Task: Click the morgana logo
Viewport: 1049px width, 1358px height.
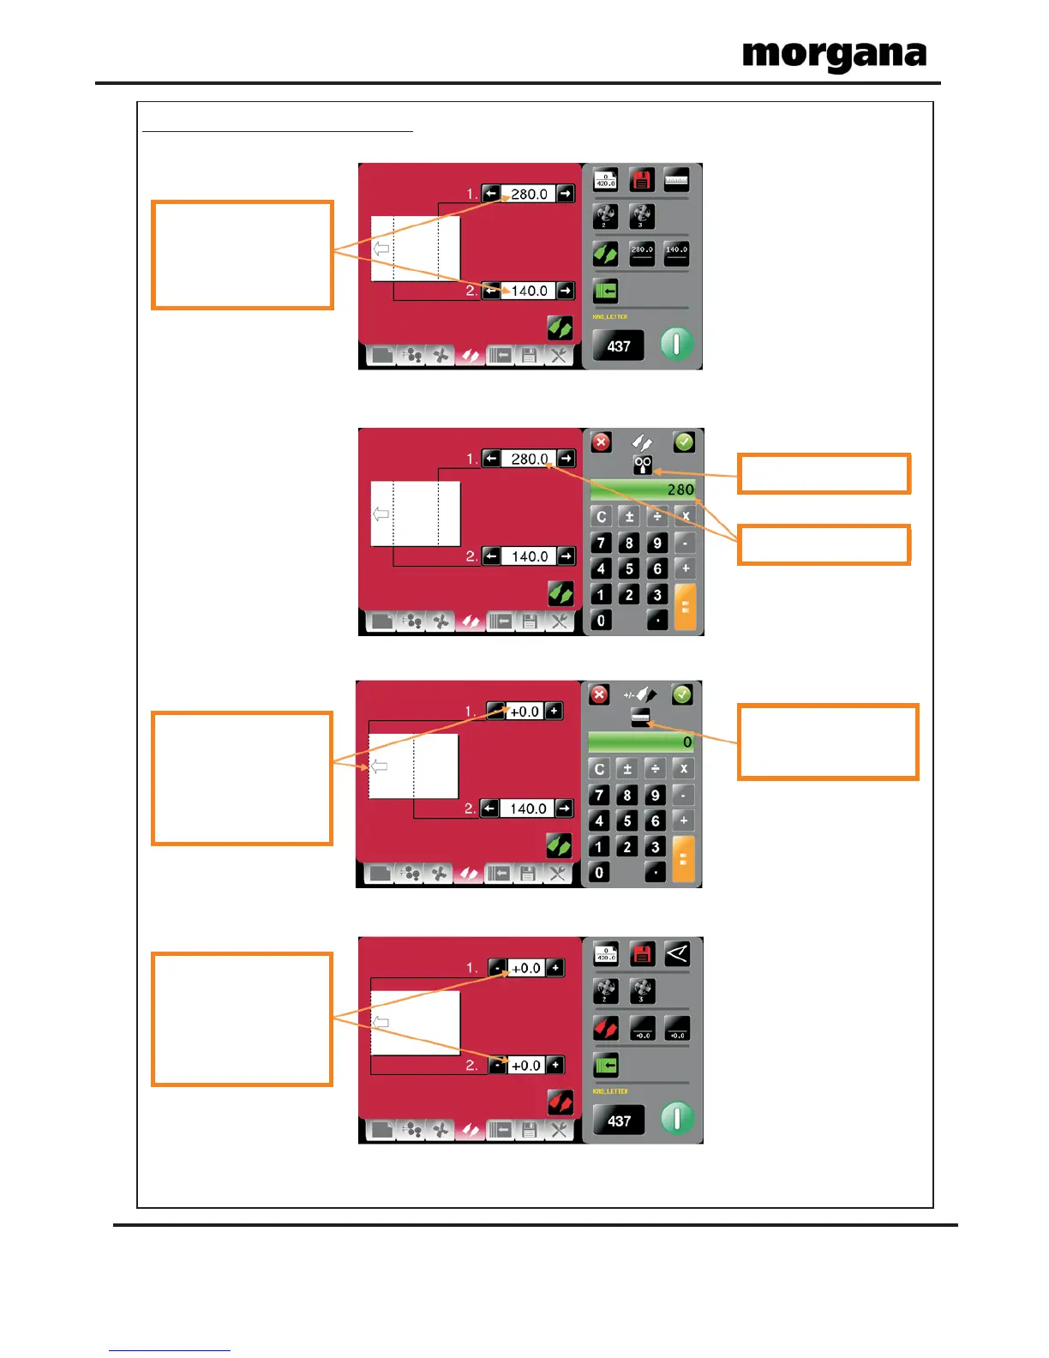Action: click(x=834, y=57)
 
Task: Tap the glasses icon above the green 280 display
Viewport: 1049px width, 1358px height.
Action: click(x=643, y=466)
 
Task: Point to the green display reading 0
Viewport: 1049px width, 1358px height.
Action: click(x=642, y=742)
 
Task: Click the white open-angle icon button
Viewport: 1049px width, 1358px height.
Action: click(x=677, y=954)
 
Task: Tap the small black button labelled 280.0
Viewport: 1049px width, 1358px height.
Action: click(x=642, y=253)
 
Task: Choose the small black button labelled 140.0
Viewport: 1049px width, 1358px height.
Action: click(x=676, y=253)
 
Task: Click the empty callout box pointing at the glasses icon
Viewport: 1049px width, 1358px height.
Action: click(x=824, y=474)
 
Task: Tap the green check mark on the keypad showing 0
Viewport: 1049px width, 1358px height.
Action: click(x=682, y=694)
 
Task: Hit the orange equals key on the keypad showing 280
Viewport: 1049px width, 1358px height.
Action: click(x=685, y=607)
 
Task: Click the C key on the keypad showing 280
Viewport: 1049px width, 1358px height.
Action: click(x=602, y=516)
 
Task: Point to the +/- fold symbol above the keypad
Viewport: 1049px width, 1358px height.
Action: click(x=640, y=694)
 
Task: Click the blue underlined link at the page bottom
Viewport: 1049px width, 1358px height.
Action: click(x=170, y=1350)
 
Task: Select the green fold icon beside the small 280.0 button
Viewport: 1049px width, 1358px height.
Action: click(x=606, y=254)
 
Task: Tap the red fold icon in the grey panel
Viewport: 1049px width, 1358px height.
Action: click(x=606, y=1028)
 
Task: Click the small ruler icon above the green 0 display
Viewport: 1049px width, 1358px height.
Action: click(x=640, y=718)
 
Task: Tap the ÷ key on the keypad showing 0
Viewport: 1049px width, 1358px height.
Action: click(x=656, y=769)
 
